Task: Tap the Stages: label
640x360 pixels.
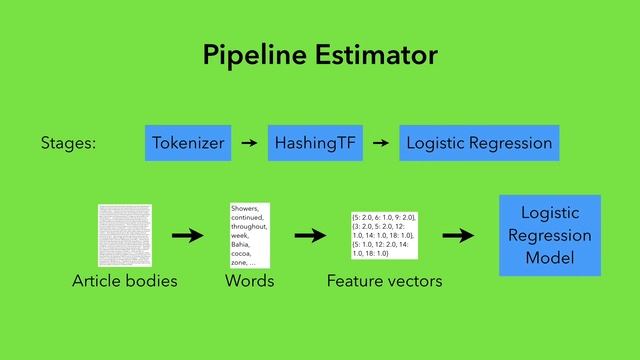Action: click(x=68, y=143)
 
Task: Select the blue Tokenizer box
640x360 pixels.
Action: click(x=189, y=143)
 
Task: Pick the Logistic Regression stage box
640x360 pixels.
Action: click(x=479, y=143)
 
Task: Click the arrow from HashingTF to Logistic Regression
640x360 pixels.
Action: click(x=380, y=143)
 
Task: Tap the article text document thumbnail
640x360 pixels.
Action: click(x=124, y=235)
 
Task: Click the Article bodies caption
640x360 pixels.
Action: click(x=124, y=282)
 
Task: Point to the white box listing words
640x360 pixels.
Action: click(x=250, y=235)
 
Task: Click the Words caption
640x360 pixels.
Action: click(x=250, y=282)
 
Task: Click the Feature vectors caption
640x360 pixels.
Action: click(x=385, y=282)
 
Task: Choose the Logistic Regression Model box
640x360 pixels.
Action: click(x=550, y=235)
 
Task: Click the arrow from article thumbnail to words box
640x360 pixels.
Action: click(x=187, y=236)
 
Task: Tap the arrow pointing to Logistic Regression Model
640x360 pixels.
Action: click(x=457, y=236)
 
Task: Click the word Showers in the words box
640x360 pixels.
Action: click(x=245, y=208)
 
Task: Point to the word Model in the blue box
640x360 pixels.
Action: click(x=550, y=258)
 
